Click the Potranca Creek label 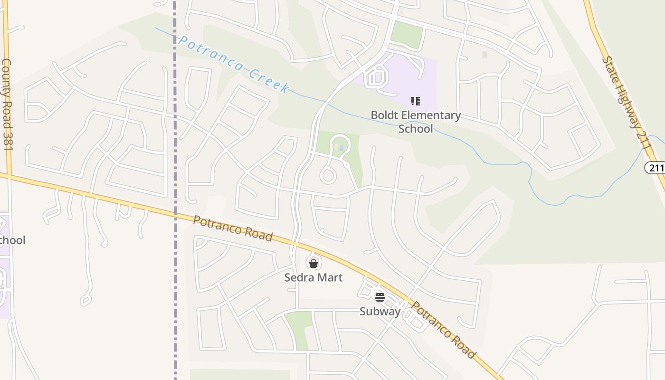tap(233, 64)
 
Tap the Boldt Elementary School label tap(416, 122)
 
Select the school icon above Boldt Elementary tap(416, 101)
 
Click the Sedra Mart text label tap(313, 277)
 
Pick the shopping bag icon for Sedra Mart tap(313, 263)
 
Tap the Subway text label tap(380, 311)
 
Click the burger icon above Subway tap(380, 297)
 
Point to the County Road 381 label tap(7, 104)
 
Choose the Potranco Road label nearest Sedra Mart tap(233, 228)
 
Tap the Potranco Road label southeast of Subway tap(443, 330)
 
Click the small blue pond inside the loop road tap(341, 148)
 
